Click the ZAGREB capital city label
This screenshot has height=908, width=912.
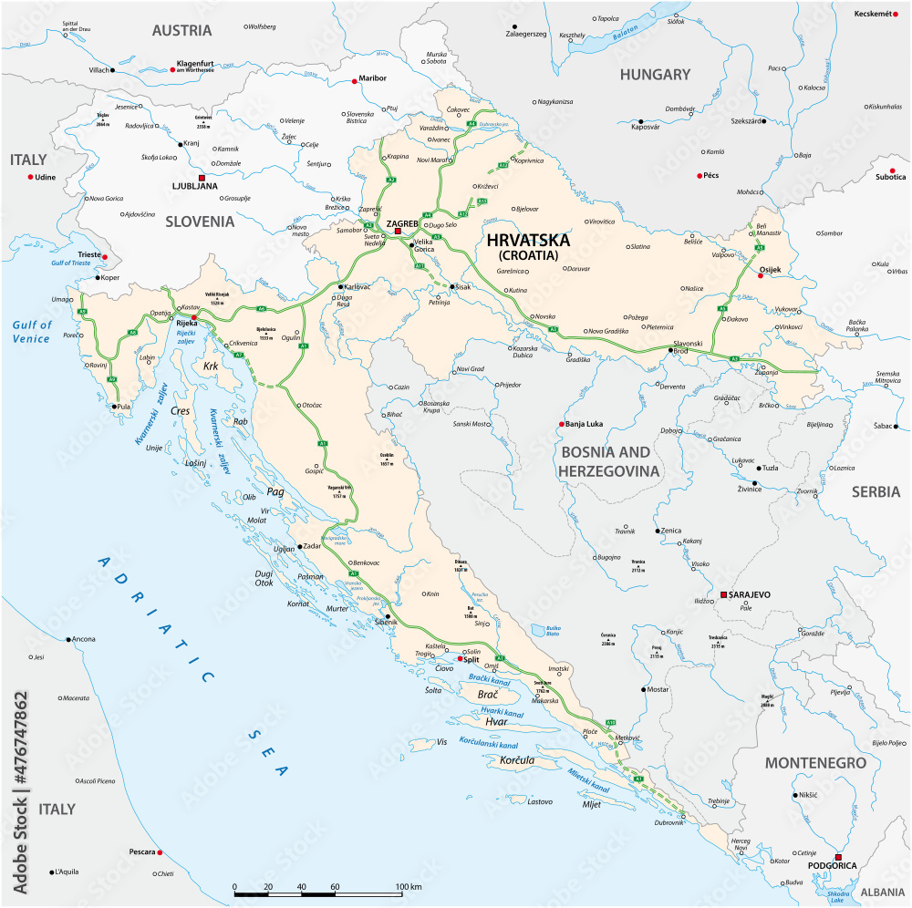[x=402, y=222]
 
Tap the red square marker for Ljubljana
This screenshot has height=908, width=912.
[x=202, y=177]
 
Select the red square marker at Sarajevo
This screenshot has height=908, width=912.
[x=723, y=594]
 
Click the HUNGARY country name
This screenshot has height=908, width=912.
[x=655, y=75]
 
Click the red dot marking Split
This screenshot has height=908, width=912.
[x=461, y=659]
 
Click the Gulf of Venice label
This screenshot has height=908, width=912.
[x=32, y=332]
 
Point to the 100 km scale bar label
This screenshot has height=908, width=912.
[x=409, y=886]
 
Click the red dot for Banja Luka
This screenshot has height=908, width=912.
[x=561, y=424]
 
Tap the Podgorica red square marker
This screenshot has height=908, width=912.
[x=839, y=857]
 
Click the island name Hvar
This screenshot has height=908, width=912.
[x=496, y=721]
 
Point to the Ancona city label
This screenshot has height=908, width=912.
[x=83, y=638]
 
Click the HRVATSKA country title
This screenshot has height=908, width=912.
[x=529, y=241]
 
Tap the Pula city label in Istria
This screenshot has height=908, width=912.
[x=126, y=407]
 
